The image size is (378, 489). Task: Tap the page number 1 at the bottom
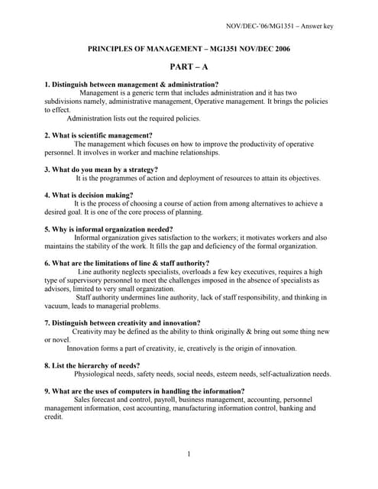click(x=189, y=455)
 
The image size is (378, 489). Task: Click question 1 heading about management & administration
click(x=131, y=84)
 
